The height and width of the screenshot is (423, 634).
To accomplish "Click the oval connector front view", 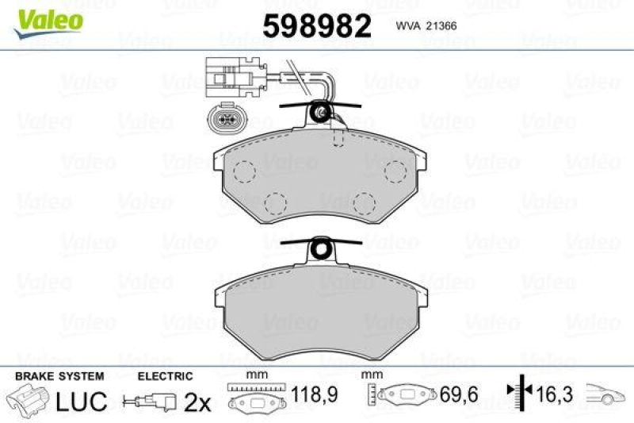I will point(222,122).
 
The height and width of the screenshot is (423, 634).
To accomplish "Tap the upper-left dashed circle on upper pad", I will point(243,171).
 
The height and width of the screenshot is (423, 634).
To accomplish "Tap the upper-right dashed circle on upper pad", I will point(395,171).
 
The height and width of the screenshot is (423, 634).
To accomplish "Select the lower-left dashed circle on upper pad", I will point(275,202).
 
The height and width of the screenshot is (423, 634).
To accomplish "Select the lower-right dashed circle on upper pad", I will point(364,202).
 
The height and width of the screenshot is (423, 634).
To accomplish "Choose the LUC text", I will point(81,401).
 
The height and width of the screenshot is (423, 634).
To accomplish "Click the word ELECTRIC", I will point(165,376).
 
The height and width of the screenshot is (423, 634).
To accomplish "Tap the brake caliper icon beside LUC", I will point(28,399).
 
